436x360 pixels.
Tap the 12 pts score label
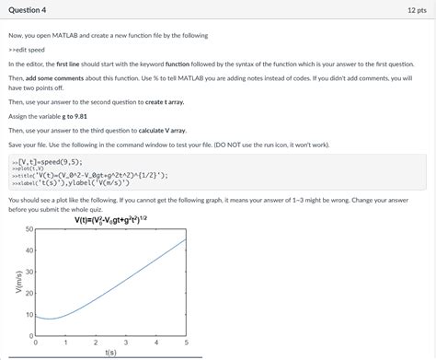[416, 9]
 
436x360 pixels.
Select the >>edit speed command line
[28, 50]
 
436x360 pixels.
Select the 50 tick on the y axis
[29, 228]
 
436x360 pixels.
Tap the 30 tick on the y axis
[29, 272]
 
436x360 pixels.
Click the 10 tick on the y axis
[29, 315]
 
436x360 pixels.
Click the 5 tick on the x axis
[186, 342]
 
